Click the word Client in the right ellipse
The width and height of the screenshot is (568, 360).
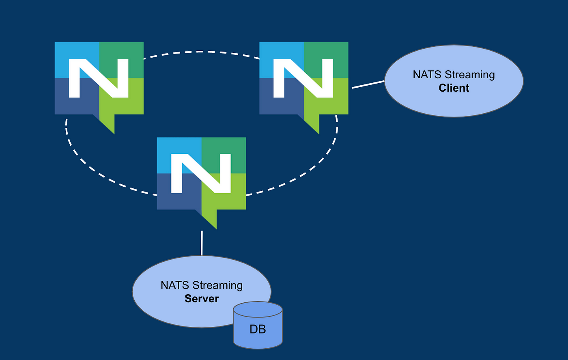(454, 88)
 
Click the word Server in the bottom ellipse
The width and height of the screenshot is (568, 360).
(202, 299)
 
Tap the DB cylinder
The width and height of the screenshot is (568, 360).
(258, 325)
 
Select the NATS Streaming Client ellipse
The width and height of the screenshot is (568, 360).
(454, 81)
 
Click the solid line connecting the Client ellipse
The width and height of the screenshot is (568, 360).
(368, 85)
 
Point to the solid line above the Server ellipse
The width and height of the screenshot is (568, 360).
(202, 243)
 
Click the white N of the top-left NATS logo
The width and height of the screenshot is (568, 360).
(99, 78)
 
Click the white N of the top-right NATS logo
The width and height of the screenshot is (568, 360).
(303, 78)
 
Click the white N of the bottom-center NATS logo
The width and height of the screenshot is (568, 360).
(201, 173)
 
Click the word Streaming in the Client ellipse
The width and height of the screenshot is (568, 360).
(470, 75)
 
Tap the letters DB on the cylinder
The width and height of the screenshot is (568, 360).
(258, 329)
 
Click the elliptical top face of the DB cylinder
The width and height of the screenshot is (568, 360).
(258, 310)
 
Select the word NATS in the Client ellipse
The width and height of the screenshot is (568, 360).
(427, 75)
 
